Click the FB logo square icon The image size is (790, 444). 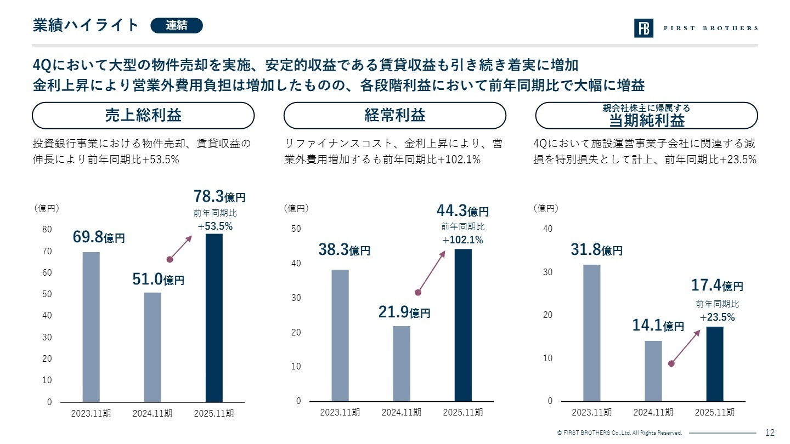(x=644, y=28)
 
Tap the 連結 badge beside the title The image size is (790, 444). (x=176, y=25)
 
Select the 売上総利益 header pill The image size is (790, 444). (x=143, y=116)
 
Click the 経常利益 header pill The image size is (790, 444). (x=394, y=116)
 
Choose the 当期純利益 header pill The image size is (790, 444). (x=646, y=116)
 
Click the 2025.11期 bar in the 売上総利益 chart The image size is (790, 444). (x=214, y=318)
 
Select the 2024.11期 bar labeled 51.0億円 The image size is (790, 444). (x=153, y=347)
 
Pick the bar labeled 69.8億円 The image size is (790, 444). (x=91, y=327)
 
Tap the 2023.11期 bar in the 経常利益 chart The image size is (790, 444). (x=340, y=335)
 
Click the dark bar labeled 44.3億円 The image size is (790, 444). (x=463, y=325)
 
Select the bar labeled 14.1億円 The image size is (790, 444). (x=653, y=371)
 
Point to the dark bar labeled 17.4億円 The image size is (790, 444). (x=714, y=363)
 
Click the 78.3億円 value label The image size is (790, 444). (x=219, y=197)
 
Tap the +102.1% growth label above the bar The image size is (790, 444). (x=462, y=240)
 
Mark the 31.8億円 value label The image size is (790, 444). (x=596, y=251)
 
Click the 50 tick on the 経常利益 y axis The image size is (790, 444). (x=297, y=229)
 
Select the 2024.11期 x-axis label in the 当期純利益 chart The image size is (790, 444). (x=653, y=412)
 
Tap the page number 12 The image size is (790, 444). (x=770, y=432)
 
